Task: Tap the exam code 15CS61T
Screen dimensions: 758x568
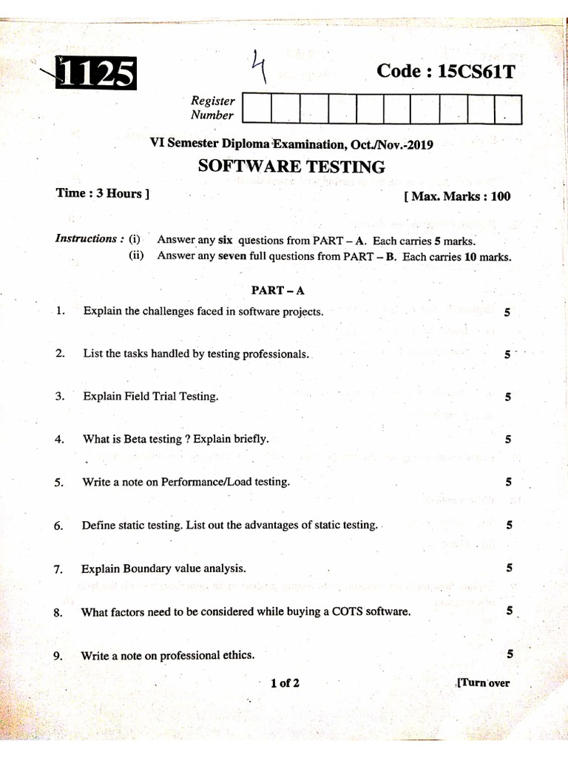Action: click(x=444, y=71)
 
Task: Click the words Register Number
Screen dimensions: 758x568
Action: click(x=213, y=108)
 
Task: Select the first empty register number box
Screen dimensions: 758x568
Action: click(x=256, y=109)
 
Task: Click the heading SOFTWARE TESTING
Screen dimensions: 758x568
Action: click(x=291, y=167)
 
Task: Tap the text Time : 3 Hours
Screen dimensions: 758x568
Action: click(x=102, y=194)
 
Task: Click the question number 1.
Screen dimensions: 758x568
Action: click(x=59, y=312)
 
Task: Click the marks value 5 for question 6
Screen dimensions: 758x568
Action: click(x=510, y=526)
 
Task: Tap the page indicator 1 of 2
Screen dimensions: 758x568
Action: click(x=285, y=682)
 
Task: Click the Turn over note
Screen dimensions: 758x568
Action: click(x=484, y=682)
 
